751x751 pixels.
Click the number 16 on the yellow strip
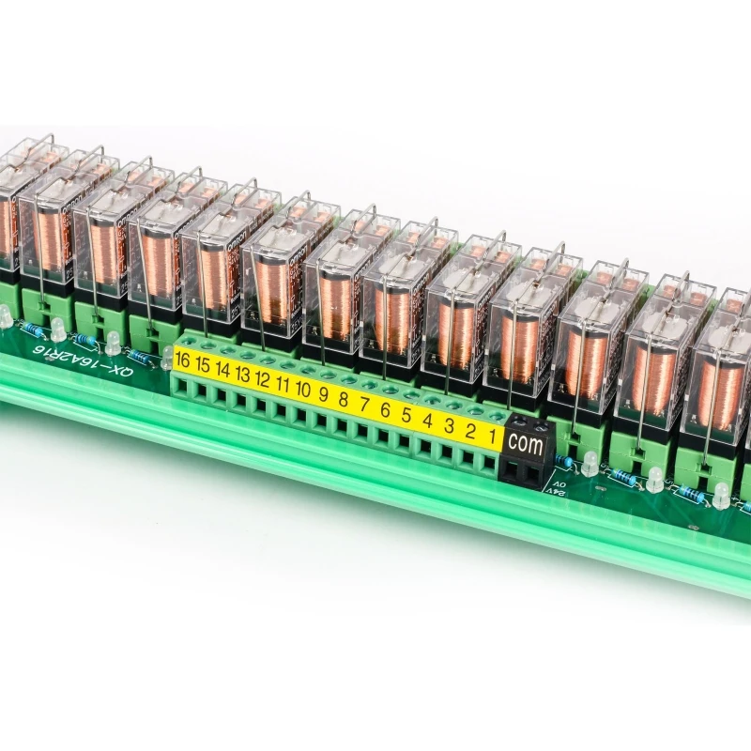pyautogui.click(x=182, y=361)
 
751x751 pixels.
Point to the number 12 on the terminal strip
pyautogui.click(x=263, y=380)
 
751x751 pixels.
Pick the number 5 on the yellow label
pyautogui.click(x=406, y=414)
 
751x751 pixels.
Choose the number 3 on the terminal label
pyautogui.click(x=449, y=424)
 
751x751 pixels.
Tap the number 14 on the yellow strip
pyautogui.click(x=222, y=371)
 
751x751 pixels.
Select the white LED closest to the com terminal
pyautogui.click(x=590, y=463)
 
